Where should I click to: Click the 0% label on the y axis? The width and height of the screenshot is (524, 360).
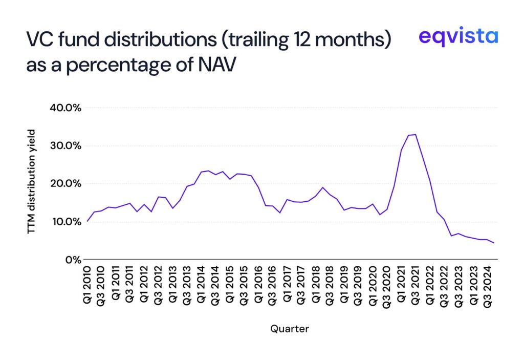72,260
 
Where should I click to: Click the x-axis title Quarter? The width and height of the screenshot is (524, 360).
290,329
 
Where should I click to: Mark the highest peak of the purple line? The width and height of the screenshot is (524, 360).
416,135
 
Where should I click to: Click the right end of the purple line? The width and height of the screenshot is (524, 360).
494,243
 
